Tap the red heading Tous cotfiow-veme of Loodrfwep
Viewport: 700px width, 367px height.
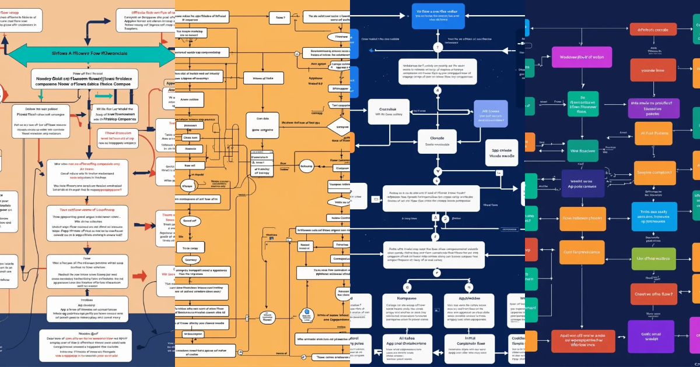(x=87, y=210)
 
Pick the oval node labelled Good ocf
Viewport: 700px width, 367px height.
(x=190, y=221)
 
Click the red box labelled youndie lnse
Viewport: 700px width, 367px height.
(x=653, y=71)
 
